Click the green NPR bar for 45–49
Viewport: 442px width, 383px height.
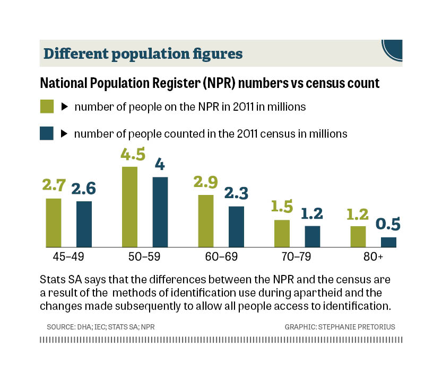(x=54, y=222)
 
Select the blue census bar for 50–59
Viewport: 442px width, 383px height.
(x=160, y=212)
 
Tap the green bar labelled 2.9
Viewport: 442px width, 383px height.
(x=206, y=221)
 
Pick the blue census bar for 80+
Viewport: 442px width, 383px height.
(x=388, y=242)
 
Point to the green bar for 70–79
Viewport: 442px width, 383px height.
(x=282, y=234)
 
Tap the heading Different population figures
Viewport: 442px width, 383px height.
(x=143, y=54)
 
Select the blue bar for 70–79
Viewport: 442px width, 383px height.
(x=313, y=236)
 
